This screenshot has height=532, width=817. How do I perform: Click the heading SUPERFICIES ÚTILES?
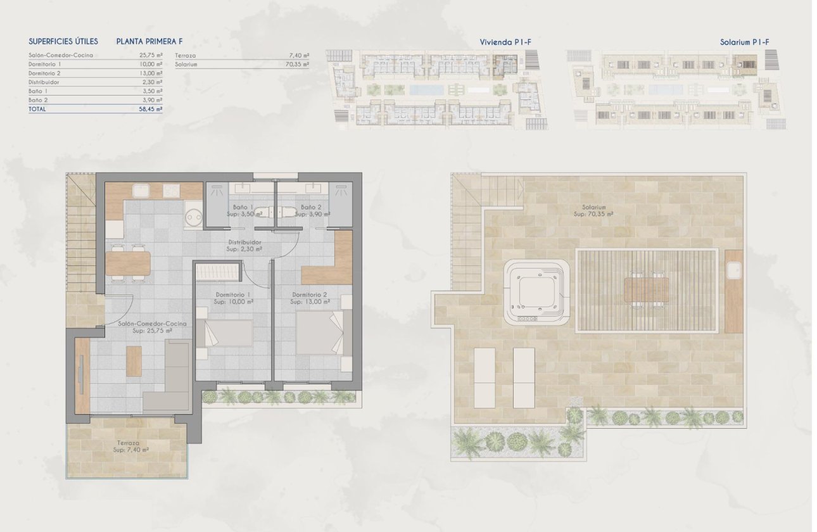click(x=63, y=41)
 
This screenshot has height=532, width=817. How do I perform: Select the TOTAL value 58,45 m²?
click(x=151, y=109)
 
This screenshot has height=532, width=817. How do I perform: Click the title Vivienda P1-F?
click(x=505, y=42)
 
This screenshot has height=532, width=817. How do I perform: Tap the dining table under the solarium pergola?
click(x=647, y=290)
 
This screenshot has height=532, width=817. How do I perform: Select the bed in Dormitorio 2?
click(x=319, y=332)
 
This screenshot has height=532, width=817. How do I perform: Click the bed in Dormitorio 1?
click(x=225, y=333)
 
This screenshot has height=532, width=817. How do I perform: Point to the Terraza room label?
click(x=127, y=443)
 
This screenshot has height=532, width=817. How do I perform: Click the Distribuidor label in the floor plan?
click(x=244, y=242)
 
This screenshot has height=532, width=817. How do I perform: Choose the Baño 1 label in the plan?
click(x=243, y=207)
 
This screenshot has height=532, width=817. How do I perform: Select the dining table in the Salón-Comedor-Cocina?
click(x=128, y=263)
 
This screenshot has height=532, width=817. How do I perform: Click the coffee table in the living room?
click(x=134, y=362)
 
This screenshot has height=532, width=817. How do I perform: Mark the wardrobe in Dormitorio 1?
click(x=218, y=272)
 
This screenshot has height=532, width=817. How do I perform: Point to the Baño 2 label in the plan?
click(x=310, y=207)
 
